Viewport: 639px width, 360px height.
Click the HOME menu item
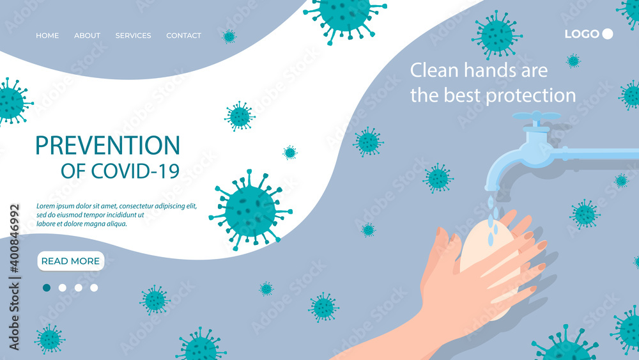pyautogui.click(x=47, y=36)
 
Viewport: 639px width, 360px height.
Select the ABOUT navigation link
pyautogui.click(x=87, y=36)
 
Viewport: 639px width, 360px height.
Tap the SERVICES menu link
pyautogui.click(x=133, y=36)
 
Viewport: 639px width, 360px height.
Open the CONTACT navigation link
pyautogui.click(x=183, y=36)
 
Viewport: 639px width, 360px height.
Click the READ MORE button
pyautogui.click(x=70, y=261)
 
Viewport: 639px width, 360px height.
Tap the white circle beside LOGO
pyautogui.click(x=608, y=34)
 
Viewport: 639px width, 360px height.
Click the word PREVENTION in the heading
pyautogui.click(x=107, y=146)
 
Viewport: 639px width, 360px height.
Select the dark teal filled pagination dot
pyautogui.click(x=47, y=288)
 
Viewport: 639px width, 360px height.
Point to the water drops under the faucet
pyautogui.click(x=491, y=221)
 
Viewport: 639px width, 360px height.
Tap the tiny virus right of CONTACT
pyautogui.click(x=229, y=36)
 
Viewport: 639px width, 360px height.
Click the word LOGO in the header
pyautogui.click(x=581, y=34)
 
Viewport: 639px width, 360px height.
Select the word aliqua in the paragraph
pyautogui.click(x=115, y=224)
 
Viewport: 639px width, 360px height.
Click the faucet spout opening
pyautogui.click(x=490, y=187)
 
